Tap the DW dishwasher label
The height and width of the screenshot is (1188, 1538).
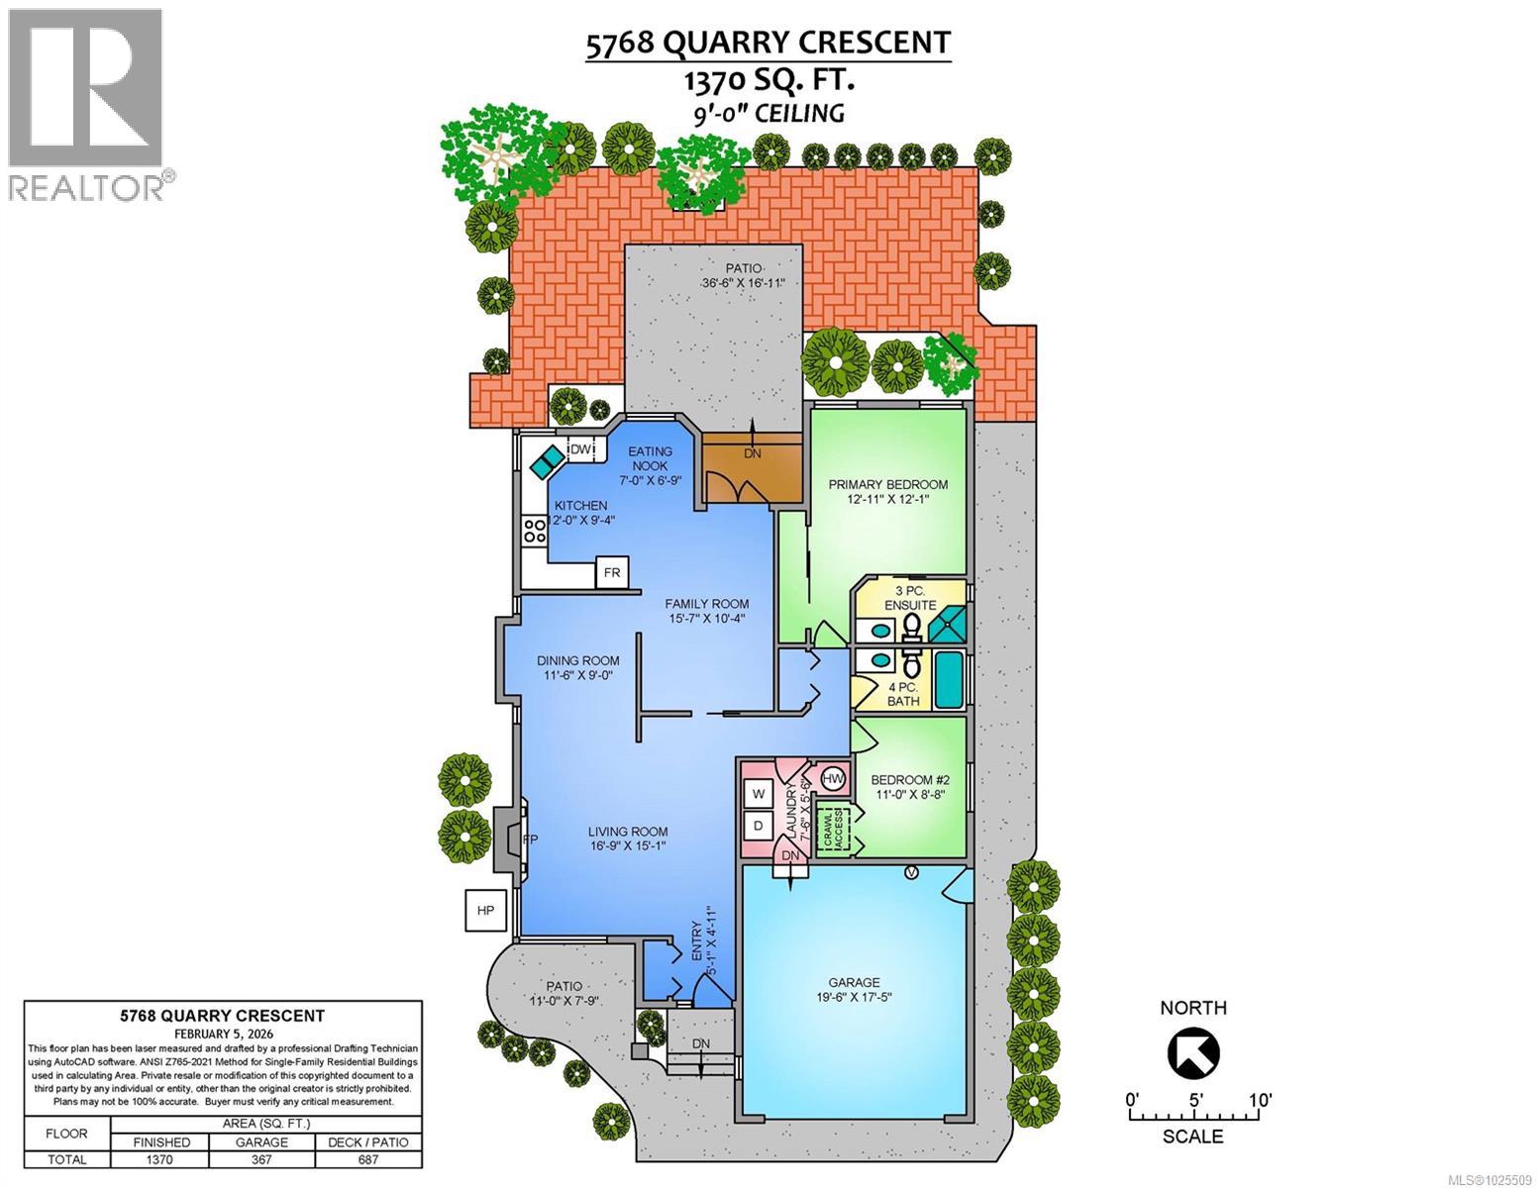tap(582, 450)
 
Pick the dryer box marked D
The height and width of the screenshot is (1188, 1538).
tap(760, 826)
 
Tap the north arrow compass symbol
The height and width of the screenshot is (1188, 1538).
tap(1193, 1051)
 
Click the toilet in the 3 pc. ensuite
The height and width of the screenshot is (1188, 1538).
tap(911, 624)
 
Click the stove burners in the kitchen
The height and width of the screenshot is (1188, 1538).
tap(535, 531)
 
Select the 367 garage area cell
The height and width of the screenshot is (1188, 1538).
tap(261, 1159)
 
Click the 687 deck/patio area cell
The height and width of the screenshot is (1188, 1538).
tap(368, 1159)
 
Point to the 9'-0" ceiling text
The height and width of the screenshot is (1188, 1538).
tap(769, 112)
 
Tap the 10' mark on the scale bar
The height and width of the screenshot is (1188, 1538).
tap(1259, 1100)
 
